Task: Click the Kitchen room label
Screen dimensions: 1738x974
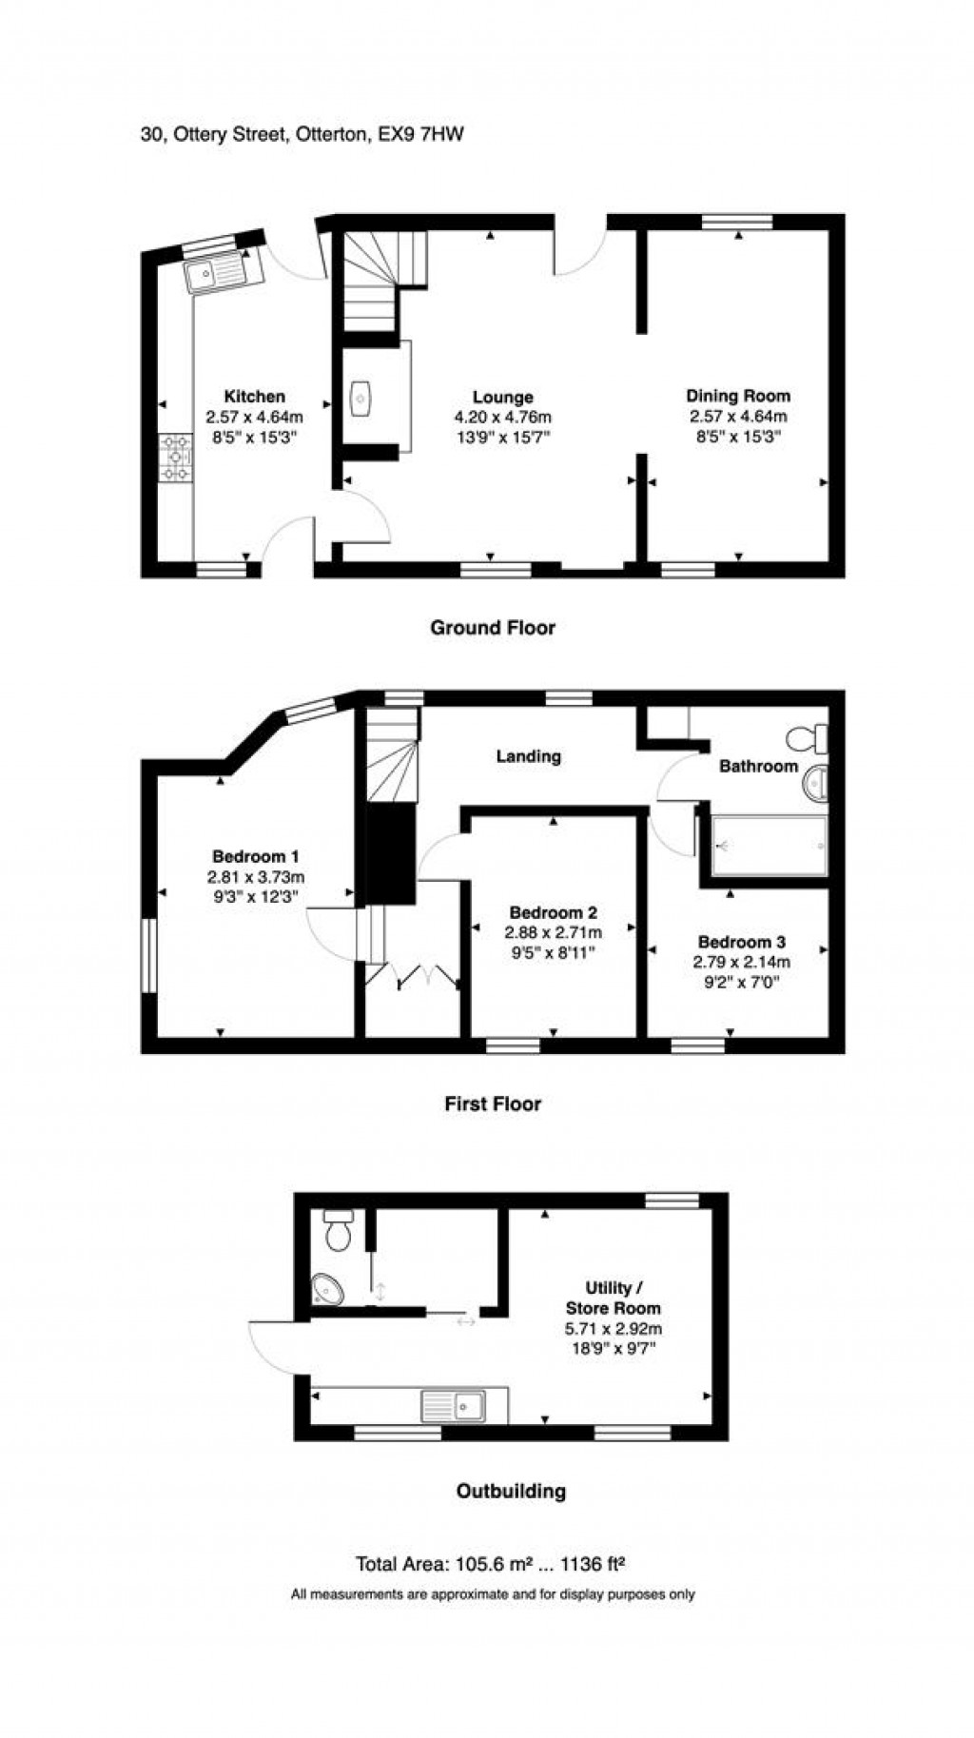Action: (254, 397)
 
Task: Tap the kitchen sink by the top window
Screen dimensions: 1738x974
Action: (217, 274)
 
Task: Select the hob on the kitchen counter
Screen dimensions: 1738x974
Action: (176, 458)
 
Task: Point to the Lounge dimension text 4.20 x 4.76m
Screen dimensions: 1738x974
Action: (502, 418)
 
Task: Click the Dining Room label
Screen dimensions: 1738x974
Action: (738, 396)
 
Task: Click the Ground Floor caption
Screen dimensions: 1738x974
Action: (493, 628)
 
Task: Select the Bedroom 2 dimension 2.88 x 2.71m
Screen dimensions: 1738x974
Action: (555, 933)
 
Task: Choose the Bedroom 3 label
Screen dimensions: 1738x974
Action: (741, 943)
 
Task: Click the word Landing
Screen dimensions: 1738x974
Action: (528, 756)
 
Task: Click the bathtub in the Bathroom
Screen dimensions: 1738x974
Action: (769, 845)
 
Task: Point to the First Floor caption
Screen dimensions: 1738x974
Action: (493, 1104)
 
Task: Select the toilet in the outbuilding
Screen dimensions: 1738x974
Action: (338, 1230)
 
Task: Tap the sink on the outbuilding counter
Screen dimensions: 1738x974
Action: (454, 1405)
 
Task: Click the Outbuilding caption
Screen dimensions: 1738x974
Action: (511, 1492)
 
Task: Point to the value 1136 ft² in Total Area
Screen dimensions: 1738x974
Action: (594, 1564)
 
